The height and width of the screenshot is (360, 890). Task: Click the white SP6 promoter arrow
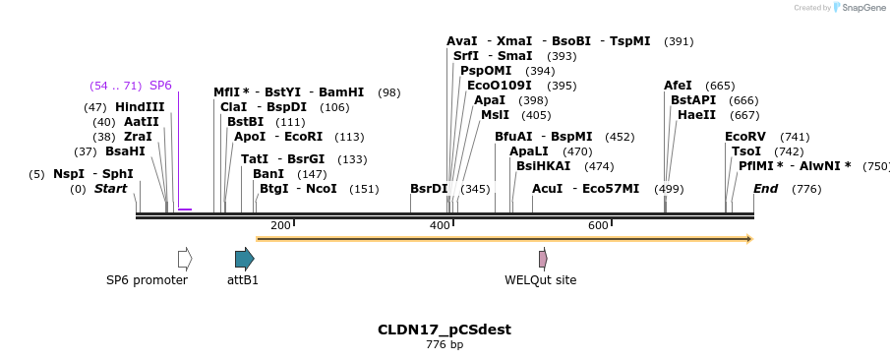pos(184,259)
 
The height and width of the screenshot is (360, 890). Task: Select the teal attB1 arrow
pos(244,259)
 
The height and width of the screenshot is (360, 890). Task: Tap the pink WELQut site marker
pos(543,259)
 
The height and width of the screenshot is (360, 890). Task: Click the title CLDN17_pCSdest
pos(445,330)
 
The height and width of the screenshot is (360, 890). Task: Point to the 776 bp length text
pos(445,345)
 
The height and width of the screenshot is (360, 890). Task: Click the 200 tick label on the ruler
pos(280,226)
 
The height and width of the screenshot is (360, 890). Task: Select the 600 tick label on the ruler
pos(598,226)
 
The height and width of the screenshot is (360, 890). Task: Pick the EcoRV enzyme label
pos(744,137)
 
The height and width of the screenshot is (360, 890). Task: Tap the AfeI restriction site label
pos(678,86)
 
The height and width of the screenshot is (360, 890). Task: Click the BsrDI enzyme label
pos(429,189)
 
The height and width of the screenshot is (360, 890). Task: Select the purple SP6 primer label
pos(160,86)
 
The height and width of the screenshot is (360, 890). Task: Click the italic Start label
pos(110,189)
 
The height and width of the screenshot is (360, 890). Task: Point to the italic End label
pos(766,189)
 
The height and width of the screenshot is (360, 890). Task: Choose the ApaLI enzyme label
pos(530,151)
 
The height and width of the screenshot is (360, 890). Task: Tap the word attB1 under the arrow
pos(243,280)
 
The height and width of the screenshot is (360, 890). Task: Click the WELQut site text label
pos(541,280)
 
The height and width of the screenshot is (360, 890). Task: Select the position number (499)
pos(669,189)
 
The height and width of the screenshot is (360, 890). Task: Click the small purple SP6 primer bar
pos(185,210)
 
